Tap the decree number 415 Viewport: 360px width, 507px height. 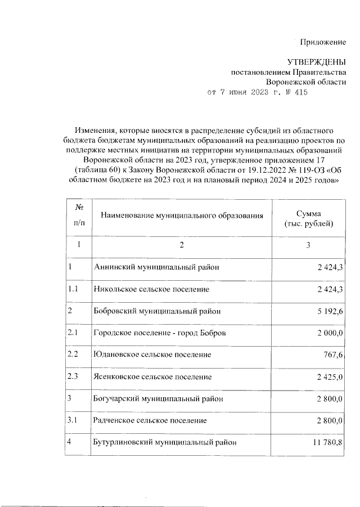click(x=300, y=93)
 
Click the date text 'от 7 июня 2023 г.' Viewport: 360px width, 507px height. click(x=244, y=93)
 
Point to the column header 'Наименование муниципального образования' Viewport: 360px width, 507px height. click(x=182, y=216)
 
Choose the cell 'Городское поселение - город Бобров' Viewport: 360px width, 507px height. click(x=160, y=333)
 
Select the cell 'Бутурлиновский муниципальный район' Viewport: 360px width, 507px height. click(x=163, y=442)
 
